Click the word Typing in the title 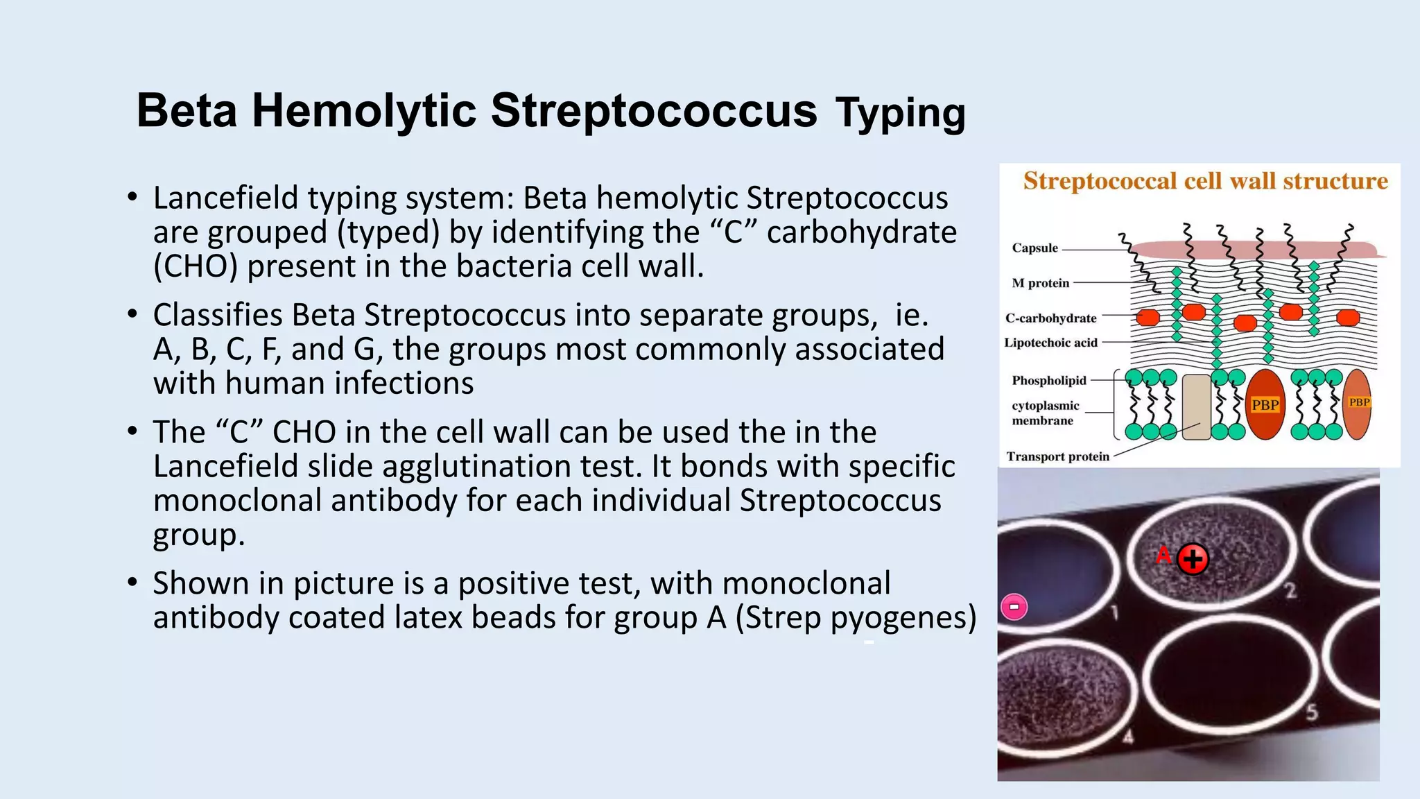[900, 113]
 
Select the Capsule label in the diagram [1034, 248]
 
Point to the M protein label [1040, 283]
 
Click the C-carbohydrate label [1050, 318]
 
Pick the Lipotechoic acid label [1050, 343]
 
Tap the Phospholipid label [1048, 381]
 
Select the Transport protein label [1057, 456]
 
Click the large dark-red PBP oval [1265, 405]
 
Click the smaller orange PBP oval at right [1358, 404]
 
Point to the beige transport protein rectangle [1196, 407]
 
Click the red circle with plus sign [1193, 559]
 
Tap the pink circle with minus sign [1014, 607]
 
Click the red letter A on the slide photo [1163, 555]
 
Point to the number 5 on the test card [1311, 712]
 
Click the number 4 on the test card [1128, 737]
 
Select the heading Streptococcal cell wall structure [1205, 181]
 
